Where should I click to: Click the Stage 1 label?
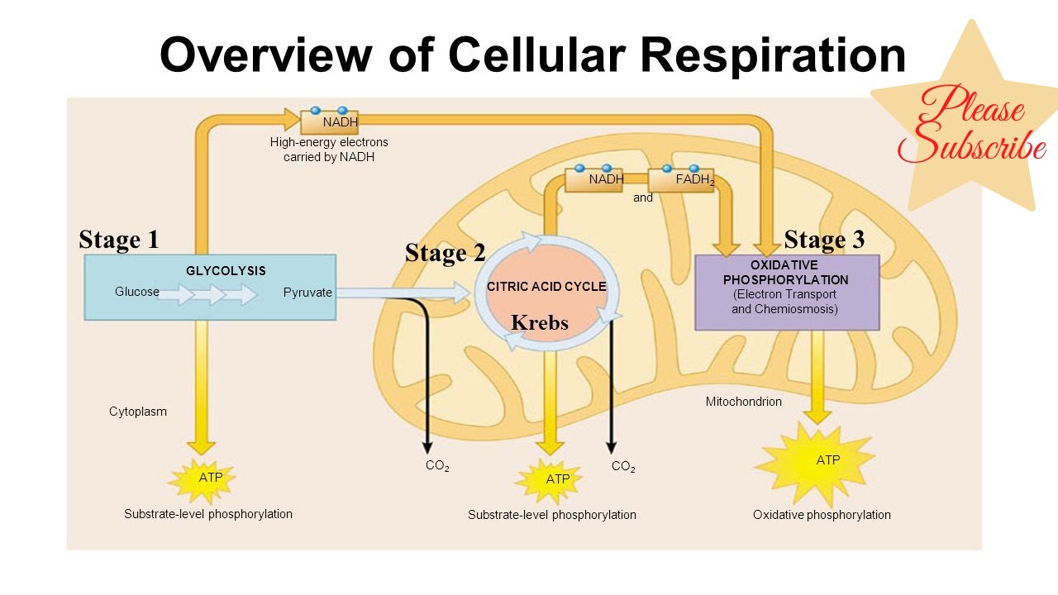tap(118, 240)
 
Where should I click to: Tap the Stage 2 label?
tap(445, 253)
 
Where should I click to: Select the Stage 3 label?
tap(824, 240)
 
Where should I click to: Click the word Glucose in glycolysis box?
tap(136, 292)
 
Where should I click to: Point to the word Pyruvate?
tap(307, 293)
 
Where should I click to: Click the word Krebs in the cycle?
tap(539, 323)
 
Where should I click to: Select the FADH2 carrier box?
tap(681, 179)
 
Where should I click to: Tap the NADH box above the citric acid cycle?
tap(593, 179)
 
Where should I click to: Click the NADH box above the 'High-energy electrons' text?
tap(328, 122)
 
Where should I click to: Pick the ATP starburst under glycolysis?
tap(202, 478)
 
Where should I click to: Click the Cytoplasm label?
tap(138, 412)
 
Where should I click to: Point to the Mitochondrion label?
tap(743, 402)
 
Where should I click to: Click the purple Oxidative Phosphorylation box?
tap(786, 293)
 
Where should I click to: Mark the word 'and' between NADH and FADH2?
tap(643, 198)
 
